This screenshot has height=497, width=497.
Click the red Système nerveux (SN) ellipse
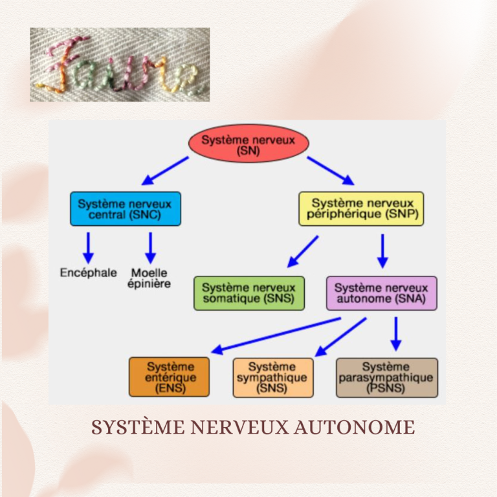tap(248, 144)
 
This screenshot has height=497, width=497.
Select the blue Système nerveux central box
tap(126, 208)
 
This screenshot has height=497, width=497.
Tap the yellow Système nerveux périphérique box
tap(361, 208)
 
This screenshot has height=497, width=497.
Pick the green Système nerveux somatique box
tap(249, 293)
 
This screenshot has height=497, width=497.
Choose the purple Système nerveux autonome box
tap(381, 293)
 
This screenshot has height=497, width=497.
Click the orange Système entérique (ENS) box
tap(170, 377)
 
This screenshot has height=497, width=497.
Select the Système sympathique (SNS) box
tap(272, 377)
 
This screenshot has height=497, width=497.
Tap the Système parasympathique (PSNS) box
tap(387, 377)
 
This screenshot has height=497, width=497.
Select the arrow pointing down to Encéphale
tap(89, 247)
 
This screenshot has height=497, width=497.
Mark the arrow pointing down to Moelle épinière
tap(151, 247)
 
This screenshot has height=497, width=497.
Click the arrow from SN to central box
tap(166, 170)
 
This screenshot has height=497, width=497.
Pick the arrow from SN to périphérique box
tap(330, 170)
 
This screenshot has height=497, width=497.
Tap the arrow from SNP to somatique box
tap(303, 251)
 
